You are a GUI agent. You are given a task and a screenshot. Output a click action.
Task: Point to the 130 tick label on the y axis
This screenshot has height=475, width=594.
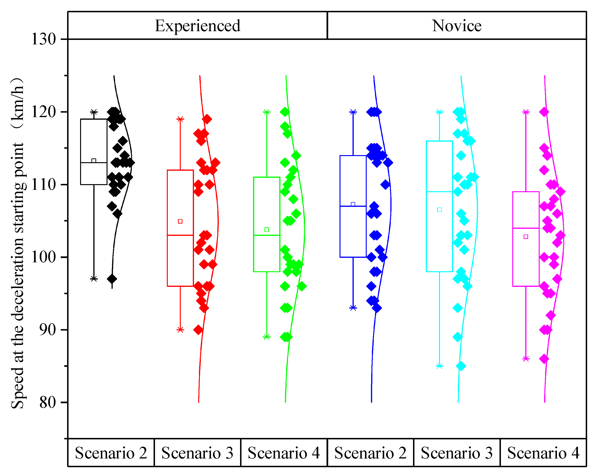[x=43, y=39]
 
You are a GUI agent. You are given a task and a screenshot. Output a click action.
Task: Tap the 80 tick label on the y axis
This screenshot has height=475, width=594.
[x=47, y=402]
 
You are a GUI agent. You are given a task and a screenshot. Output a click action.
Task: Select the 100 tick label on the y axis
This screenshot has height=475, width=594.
[x=43, y=257]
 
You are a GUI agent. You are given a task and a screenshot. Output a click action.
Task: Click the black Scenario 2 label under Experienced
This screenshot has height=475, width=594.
[x=111, y=453]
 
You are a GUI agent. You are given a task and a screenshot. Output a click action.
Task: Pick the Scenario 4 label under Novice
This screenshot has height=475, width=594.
[x=543, y=453]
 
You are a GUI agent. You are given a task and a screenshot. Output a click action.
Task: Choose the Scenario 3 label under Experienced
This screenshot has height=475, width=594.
[x=197, y=453]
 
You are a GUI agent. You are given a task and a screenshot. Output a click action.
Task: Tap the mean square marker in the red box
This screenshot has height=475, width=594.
[x=180, y=221]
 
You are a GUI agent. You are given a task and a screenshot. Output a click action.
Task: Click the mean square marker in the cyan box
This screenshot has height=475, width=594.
[x=439, y=210]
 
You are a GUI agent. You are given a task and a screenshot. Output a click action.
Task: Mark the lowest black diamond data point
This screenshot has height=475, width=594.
[x=112, y=279]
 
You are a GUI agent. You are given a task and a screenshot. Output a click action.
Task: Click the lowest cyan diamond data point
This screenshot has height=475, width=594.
[x=461, y=366]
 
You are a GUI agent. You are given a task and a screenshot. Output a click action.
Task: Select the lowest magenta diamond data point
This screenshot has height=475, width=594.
[x=544, y=359]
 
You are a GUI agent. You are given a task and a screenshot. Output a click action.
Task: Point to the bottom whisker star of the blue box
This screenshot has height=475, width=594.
[x=353, y=308]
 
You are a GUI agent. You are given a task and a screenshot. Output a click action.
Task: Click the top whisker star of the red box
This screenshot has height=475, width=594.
[x=180, y=119]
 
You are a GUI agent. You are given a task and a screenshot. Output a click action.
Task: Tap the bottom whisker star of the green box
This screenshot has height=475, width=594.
[x=267, y=337]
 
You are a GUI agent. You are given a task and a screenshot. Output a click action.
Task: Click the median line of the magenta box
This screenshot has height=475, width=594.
[x=526, y=228]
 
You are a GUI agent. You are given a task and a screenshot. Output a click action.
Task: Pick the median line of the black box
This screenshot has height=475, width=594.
[x=94, y=163]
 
